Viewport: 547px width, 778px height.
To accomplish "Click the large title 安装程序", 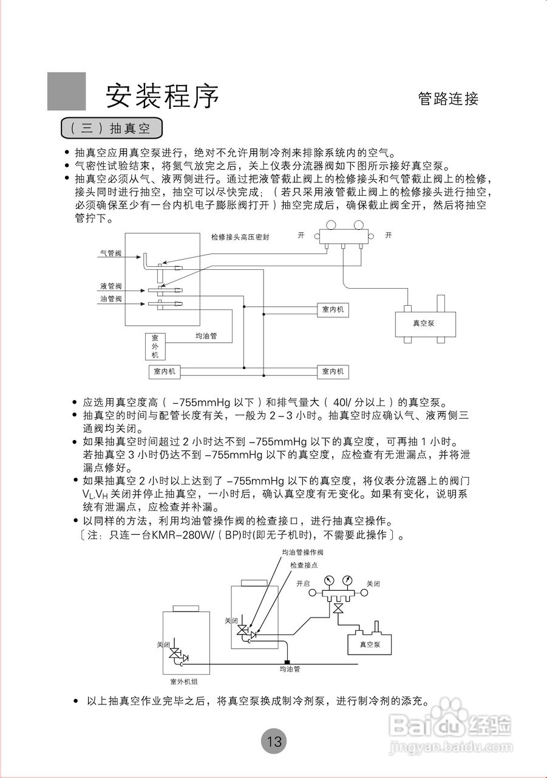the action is pyautogui.click(x=162, y=95).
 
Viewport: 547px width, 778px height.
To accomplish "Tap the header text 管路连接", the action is pyautogui.click(x=448, y=98).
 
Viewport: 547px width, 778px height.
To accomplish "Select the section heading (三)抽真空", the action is pyautogui.click(x=111, y=128).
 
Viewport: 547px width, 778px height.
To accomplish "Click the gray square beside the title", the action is pyautogui.click(x=66, y=91).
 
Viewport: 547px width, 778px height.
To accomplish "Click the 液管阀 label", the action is pyautogui.click(x=111, y=286).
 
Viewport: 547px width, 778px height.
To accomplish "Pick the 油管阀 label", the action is pyautogui.click(x=111, y=298).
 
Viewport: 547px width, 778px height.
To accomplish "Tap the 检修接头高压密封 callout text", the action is pyautogui.click(x=240, y=237).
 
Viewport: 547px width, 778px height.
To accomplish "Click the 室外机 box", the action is pyautogui.click(x=155, y=346).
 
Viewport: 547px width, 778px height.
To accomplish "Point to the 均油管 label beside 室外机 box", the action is pyautogui.click(x=206, y=335).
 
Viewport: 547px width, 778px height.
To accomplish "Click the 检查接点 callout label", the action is pyautogui.click(x=304, y=565).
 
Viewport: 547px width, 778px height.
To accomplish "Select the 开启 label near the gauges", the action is pyautogui.click(x=303, y=583).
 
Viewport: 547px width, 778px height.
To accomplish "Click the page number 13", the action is pyautogui.click(x=274, y=741).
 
